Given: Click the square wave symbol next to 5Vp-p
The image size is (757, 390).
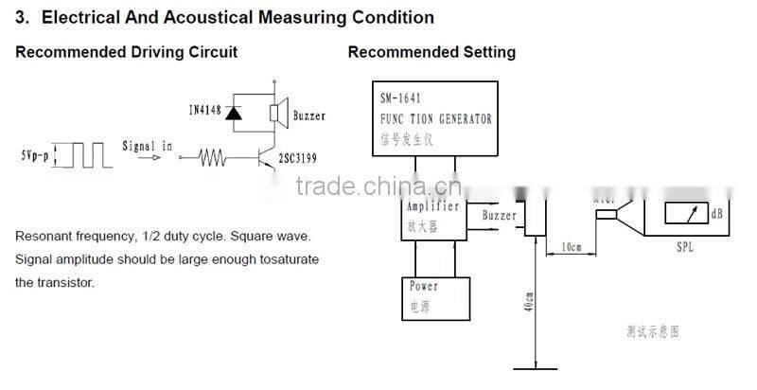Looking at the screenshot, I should point(82,154).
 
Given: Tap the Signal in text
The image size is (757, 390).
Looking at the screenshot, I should point(148,145).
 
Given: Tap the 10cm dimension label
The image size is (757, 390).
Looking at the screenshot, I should point(572,247).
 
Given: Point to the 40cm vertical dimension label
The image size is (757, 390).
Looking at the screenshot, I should point(531,303).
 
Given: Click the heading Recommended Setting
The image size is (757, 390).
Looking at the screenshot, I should point(431,52).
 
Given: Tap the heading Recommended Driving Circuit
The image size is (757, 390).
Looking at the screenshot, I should point(126,52).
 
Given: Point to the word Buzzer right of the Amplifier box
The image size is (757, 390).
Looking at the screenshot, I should point(500,216).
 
